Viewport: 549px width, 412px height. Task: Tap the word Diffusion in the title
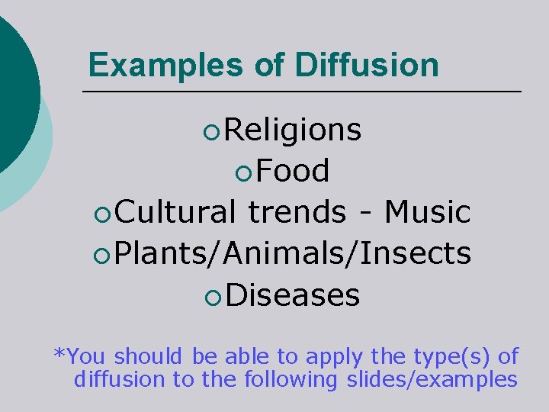[366, 66]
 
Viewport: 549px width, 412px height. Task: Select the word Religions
[294, 130]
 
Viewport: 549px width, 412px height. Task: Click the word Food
[293, 172]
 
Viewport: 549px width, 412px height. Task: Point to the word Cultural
[176, 212]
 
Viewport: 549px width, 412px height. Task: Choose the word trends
[297, 212]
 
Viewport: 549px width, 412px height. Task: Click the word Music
[427, 212]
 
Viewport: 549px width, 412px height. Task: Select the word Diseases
[293, 294]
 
